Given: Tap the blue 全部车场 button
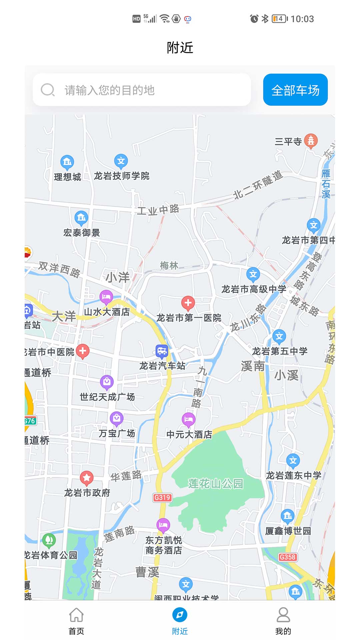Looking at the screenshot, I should point(295,90).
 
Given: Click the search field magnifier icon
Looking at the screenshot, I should point(48,90).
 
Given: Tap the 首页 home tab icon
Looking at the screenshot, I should point(76,615).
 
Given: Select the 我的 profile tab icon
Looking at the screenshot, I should point(283,615).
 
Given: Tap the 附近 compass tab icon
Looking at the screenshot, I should point(180,615).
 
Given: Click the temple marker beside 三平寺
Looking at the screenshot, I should point(311,141).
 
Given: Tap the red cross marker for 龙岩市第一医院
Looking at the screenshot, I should point(188,303).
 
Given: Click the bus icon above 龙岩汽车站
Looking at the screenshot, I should point(162,351).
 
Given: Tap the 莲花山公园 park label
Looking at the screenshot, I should point(216,483).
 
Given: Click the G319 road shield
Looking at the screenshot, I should point(162,498).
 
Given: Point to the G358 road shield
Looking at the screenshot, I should point(287,557).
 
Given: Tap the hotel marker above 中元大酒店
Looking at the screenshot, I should point(188,419).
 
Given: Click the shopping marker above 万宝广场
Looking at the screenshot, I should point(117,418).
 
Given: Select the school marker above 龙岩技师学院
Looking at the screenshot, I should point(121,161).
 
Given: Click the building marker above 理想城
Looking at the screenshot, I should point(67,162).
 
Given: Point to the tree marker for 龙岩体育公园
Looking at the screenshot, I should point(49,540).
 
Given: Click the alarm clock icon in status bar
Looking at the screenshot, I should point(254,19).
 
